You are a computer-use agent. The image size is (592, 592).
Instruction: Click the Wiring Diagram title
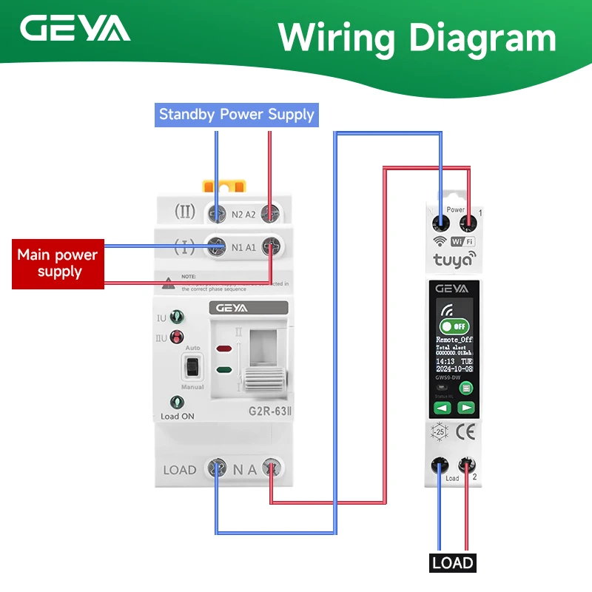[x=417, y=36]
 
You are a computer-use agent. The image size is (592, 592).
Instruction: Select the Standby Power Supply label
[x=237, y=115]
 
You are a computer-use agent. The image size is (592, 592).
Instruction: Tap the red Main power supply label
[x=58, y=263]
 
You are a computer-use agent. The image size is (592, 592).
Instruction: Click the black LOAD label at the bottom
[x=452, y=562]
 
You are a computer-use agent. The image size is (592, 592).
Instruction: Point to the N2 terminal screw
[x=217, y=214]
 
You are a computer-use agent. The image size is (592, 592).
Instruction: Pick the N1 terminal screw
[x=217, y=246]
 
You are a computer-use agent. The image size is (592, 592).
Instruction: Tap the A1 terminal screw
[x=270, y=246]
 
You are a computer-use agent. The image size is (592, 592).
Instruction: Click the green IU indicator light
[x=177, y=318]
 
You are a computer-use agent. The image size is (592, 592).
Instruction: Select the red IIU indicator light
[x=177, y=339]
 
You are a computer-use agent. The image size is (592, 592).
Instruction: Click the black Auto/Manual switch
[x=192, y=368]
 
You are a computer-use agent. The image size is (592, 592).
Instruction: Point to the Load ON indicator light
[x=177, y=403]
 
